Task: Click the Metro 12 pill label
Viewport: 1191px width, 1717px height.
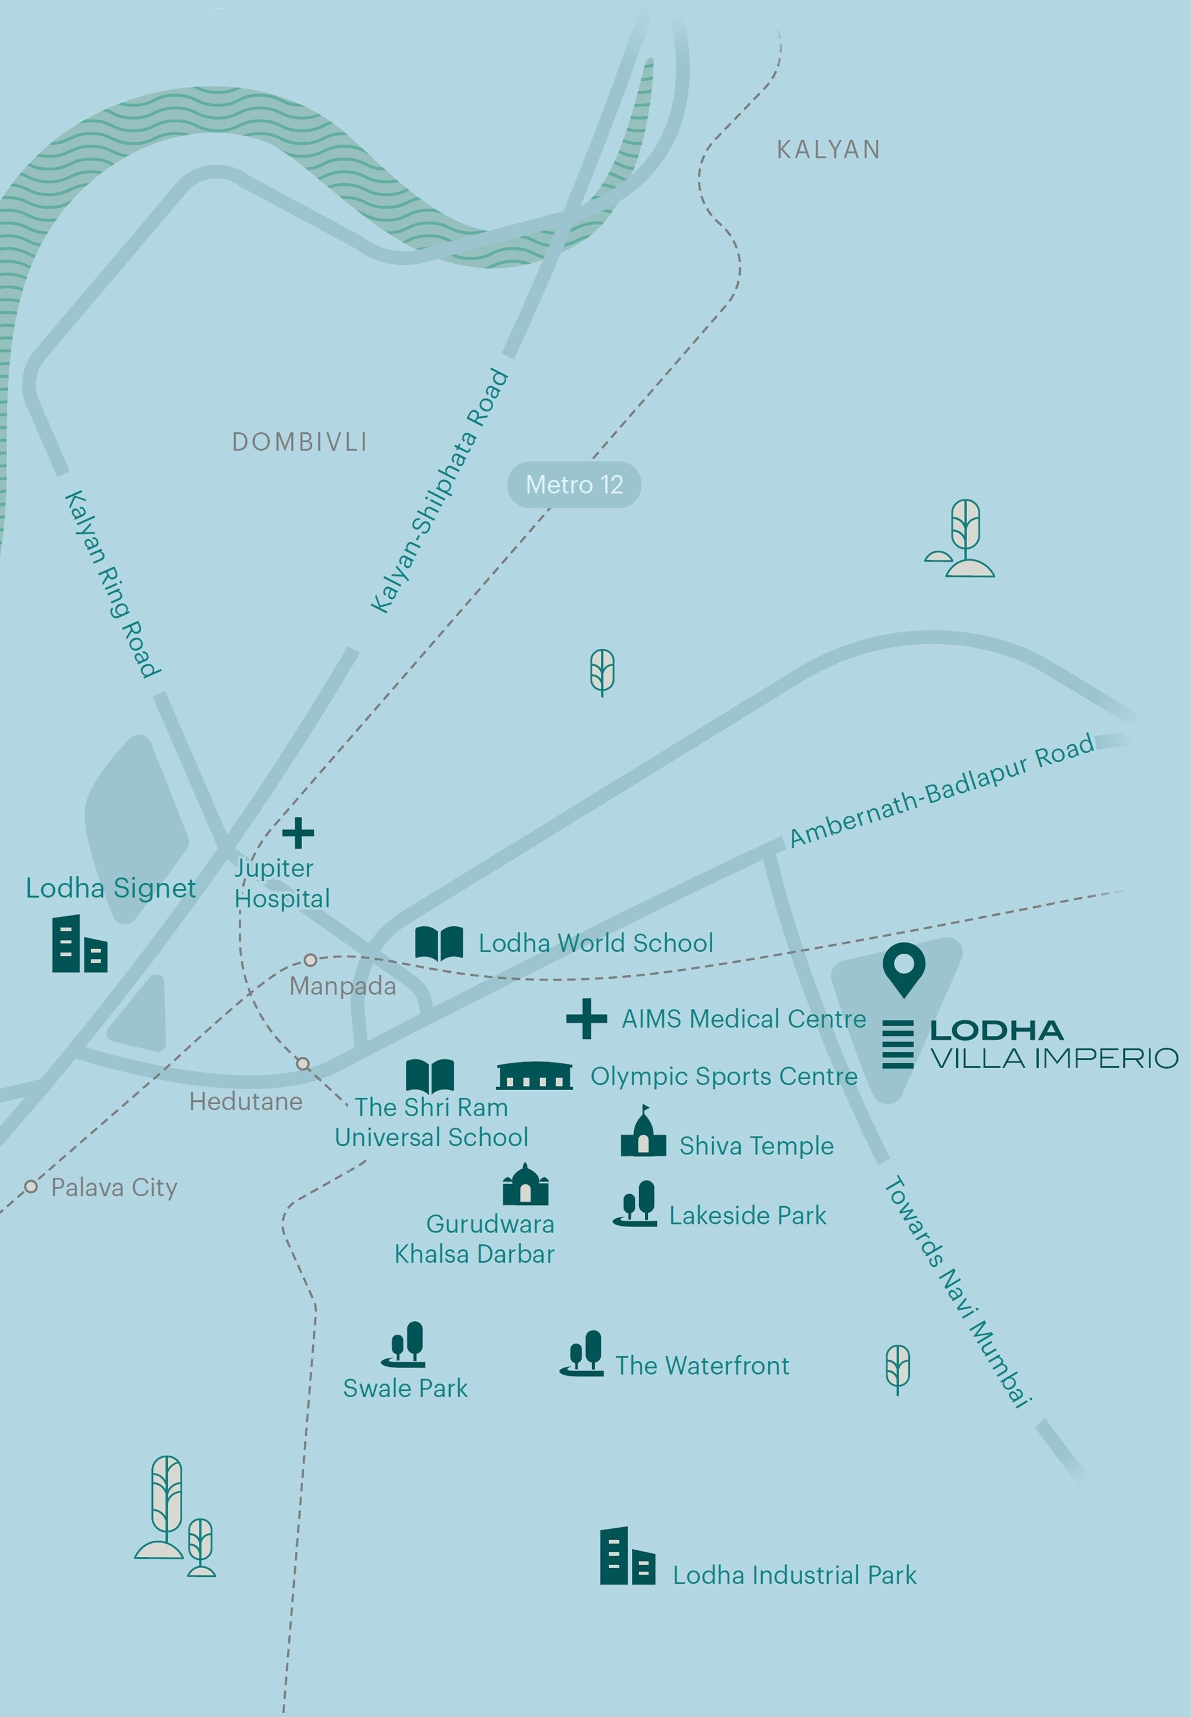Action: pyautogui.click(x=574, y=485)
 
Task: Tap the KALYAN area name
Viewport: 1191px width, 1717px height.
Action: pyautogui.click(x=828, y=150)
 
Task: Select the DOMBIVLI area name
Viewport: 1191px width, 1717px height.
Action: pyautogui.click(x=300, y=442)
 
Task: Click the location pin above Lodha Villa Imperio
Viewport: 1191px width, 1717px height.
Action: pyautogui.click(x=904, y=967)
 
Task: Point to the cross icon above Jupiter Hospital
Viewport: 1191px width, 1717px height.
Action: pyautogui.click(x=298, y=833)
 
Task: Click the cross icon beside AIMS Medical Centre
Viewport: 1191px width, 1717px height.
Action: pyautogui.click(x=586, y=1019)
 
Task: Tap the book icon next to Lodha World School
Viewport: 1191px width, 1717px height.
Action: pyautogui.click(x=439, y=943)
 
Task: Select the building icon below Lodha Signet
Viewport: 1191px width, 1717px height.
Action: pyautogui.click(x=79, y=945)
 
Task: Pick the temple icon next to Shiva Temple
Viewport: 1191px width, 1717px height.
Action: pyautogui.click(x=643, y=1133)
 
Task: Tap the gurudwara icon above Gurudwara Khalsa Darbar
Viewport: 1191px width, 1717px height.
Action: pyautogui.click(x=525, y=1185)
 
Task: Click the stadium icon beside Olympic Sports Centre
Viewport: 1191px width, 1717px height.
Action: pyautogui.click(x=534, y=1076)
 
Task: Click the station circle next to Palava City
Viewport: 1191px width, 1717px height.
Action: pyautogui.click(x=30, y=1187)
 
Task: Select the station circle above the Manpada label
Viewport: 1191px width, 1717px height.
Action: pyautogui.click(x=310, y=960)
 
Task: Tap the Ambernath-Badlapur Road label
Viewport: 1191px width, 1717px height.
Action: pyautogui.click(x=941, y=790)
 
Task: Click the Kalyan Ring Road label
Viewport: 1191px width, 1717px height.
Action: pyautogui.click(x=112, y=584)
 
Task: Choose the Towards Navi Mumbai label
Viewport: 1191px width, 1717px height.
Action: pyautogui.click(x=958, y=1292)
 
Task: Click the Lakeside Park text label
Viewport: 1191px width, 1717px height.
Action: pyautogui.click(x=747, y=1216)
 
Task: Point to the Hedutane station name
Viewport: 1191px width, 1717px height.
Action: pyautogui.click(x=245, y=1101)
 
